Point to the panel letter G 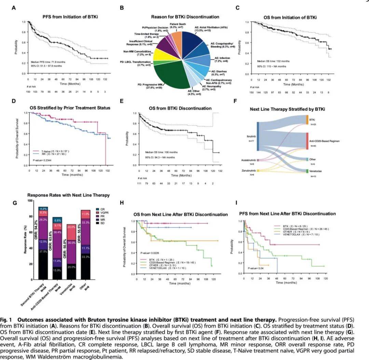[x=14, y=202]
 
